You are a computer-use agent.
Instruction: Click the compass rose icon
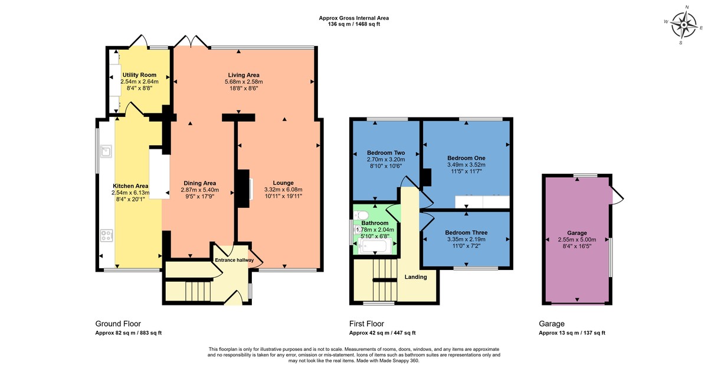tap(684, 25)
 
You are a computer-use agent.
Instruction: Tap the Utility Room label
tap(139, 75)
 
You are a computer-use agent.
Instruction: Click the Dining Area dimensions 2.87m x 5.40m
tap(199, 190)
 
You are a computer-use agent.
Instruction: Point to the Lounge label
tap(283, 183)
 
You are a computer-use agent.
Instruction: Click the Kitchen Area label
tap(130, 185)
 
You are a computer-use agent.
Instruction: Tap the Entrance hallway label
tap(234, 260)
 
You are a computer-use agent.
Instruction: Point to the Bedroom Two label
tap(386, 152)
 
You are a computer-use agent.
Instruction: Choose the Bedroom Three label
tap(466, 232)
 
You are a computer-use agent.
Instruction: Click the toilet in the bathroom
tap(362, 214)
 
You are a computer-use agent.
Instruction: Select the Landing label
tap(415, 276)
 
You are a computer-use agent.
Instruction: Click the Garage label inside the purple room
tap(577, 233)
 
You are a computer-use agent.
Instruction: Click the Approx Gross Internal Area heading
tap(354, 18)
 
